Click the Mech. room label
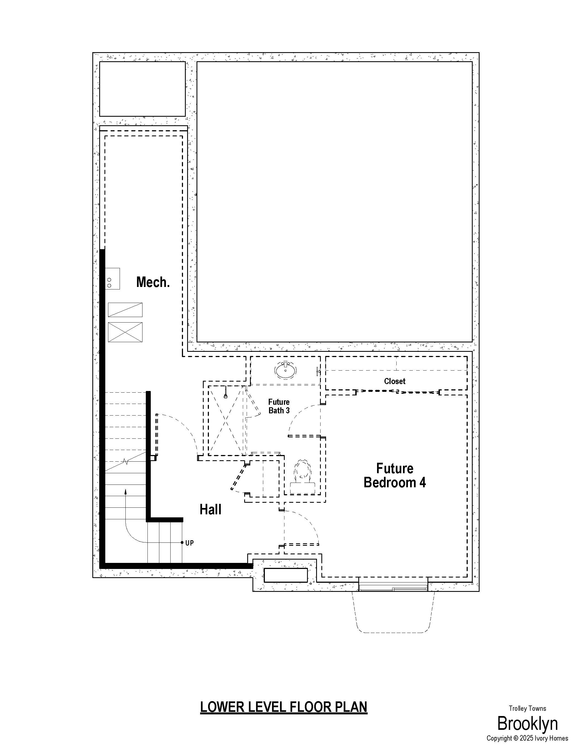(153, 282)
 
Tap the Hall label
(210, 509)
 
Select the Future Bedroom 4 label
(395, 475)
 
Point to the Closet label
(395, 381)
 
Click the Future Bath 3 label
(279, 406)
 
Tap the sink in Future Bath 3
(285, 370)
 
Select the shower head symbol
(225, 393)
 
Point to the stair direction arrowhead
(125, 492)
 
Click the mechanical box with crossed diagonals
(125, 332)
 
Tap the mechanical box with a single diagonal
(125, 310)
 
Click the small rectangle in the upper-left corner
(142, 89)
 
